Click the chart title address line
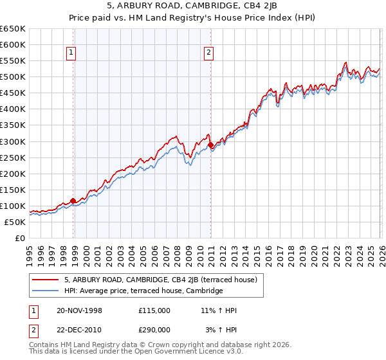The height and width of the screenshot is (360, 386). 192,7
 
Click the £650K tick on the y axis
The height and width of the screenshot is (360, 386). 13,29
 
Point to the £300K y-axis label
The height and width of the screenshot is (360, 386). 13,141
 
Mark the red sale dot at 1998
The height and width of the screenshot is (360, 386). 73,201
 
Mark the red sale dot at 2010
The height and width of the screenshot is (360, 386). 210,145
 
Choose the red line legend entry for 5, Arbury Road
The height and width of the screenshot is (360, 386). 161,280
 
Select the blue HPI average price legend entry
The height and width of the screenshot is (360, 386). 143,291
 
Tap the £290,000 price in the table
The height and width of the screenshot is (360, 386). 154,329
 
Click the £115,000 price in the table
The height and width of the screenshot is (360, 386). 154,310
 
